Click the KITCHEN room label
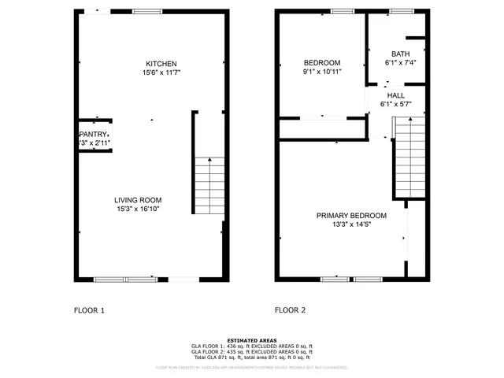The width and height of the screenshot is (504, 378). [161, 64]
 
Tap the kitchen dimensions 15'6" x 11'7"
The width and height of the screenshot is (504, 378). [161, 73]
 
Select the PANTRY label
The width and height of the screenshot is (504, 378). [93, 135]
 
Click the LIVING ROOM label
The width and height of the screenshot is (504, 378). [138, 200]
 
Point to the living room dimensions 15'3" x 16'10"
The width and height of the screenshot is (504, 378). [138, 209]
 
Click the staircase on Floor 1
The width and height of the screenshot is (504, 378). [209, 186]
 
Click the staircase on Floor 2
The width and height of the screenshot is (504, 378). [408, 157]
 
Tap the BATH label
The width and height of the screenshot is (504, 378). [401, 54]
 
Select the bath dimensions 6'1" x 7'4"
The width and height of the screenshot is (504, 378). [401, 63]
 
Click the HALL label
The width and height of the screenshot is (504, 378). [395, 94]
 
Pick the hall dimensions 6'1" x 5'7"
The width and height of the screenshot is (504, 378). [395, 103]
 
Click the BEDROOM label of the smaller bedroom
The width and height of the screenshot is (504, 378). [322, 63]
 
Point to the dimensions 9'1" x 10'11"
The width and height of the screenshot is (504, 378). [322, 72]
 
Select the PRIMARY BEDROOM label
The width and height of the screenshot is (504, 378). [351, 215]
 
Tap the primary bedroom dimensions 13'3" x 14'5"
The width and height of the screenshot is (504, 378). [351, 224]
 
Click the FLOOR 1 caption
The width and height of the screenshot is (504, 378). [89, 310]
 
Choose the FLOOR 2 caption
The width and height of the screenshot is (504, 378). [290, 310]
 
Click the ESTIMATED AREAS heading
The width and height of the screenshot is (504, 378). [251, 340]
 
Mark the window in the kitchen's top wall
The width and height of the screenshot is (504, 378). [146, 11]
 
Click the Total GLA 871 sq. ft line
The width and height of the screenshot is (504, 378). [251, 358]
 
